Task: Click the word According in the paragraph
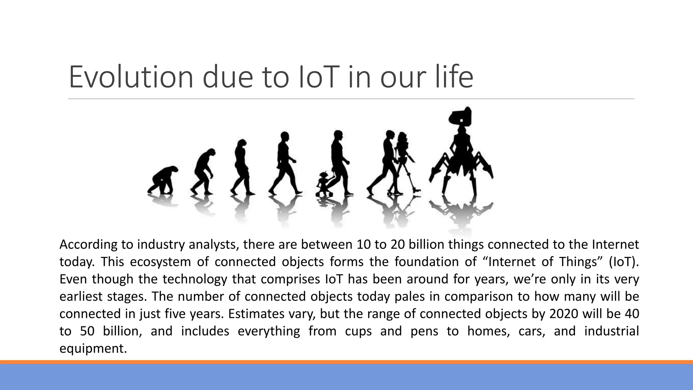point(89,244)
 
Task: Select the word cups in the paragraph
point(358,331)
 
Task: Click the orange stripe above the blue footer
point(346,362)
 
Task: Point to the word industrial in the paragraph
point(611,331)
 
